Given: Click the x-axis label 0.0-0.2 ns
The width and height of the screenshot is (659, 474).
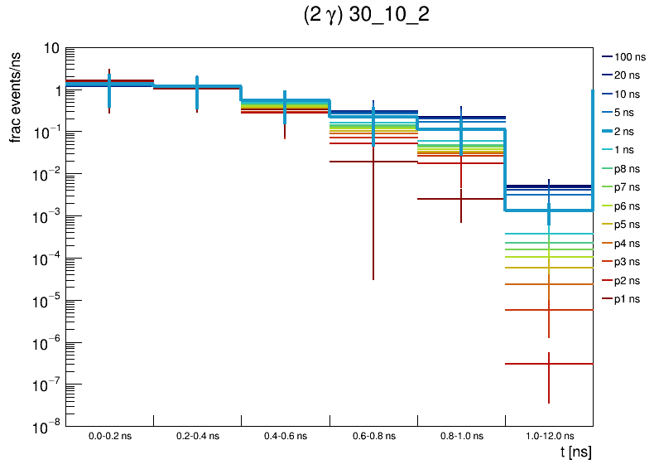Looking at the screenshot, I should tap(109, 435).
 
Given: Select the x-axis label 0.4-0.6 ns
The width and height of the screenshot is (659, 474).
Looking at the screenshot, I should tap(285, 435).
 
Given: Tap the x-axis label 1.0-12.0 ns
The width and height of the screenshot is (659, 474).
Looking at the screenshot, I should tap(548, 435).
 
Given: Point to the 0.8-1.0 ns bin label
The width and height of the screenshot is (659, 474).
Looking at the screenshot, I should tap(461, 435).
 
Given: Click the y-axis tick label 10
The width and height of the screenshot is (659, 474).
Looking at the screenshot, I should tap(51, 49).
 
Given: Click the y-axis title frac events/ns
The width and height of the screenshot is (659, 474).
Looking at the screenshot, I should tap(17, 102).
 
